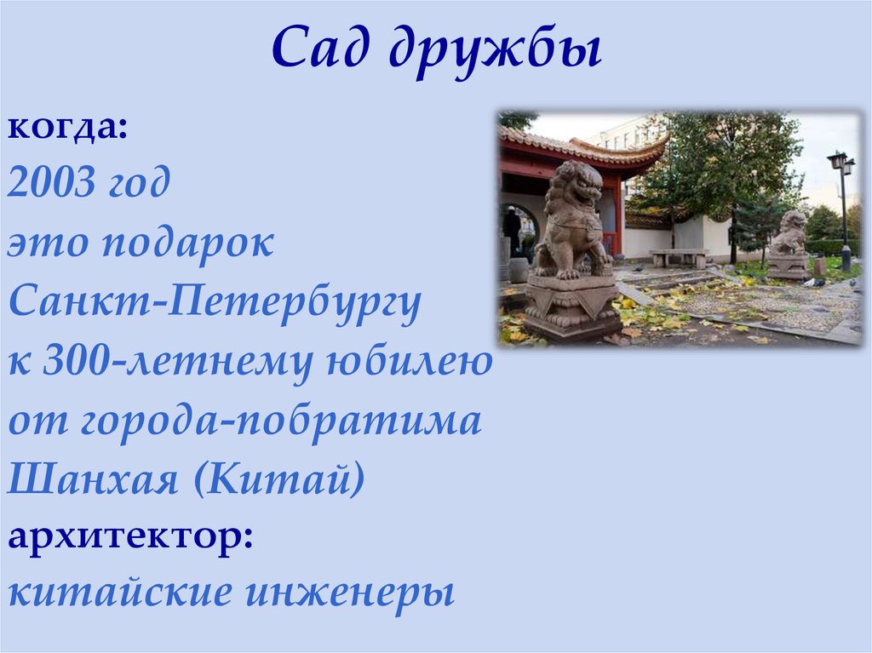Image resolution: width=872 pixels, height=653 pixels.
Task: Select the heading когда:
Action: [68, 129]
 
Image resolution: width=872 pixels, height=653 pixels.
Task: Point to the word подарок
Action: [188, 244]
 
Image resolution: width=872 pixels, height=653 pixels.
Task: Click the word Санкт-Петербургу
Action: [215, 304]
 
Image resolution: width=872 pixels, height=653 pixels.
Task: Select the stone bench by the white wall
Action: [679, 255]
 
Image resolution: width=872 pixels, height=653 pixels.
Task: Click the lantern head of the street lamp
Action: [840, 161]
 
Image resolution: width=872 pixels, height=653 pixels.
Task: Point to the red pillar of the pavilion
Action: [617, 216]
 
